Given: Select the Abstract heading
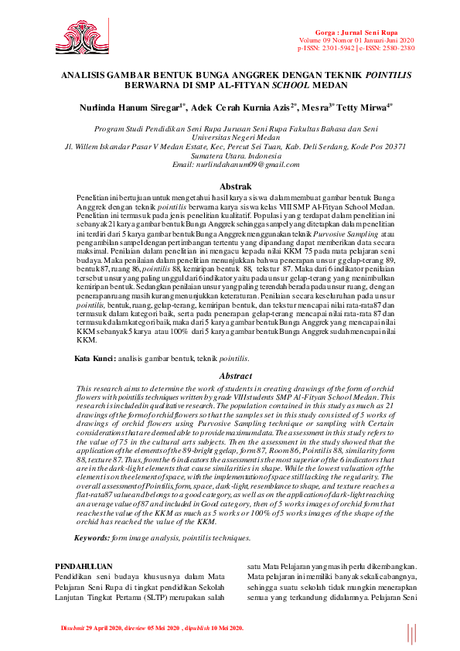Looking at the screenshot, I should tap(235, 376).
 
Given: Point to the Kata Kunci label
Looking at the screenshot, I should tap(94, 360).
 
